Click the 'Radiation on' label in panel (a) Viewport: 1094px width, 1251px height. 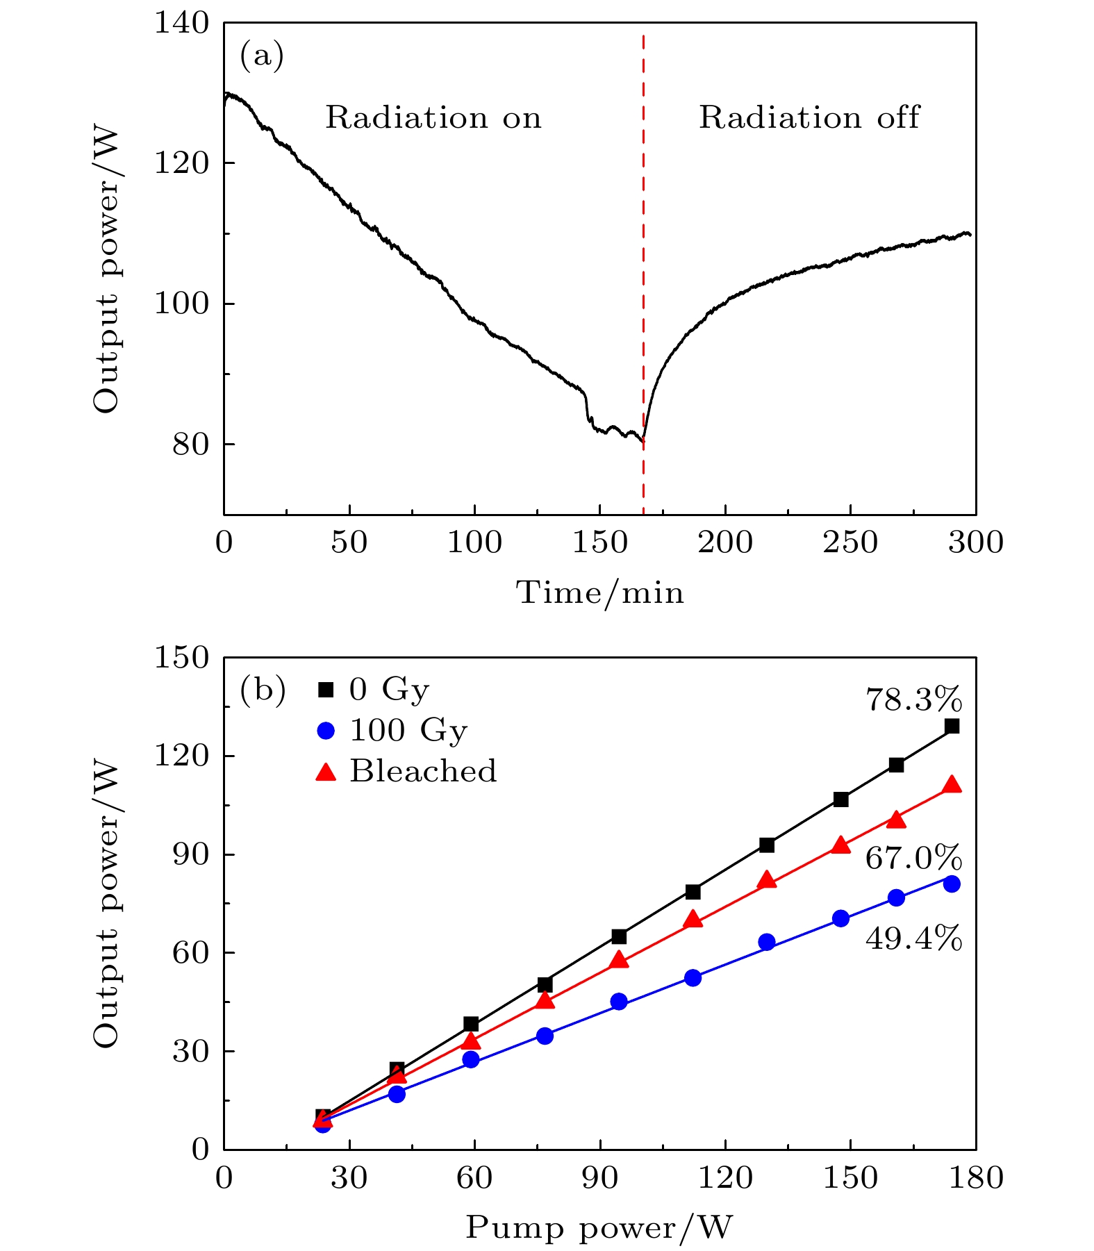coord(433,117)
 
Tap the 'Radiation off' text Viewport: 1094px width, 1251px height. coord(809,117)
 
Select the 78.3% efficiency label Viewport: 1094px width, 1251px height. coord(913,700)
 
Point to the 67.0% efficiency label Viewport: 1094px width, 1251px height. coord(913,859)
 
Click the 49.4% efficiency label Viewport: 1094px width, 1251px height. coord(913,939)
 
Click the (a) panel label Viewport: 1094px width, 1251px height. coord(262,56)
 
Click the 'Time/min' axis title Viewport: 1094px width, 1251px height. coord(599,593)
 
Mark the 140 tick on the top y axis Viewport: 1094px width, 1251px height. coord(181,24)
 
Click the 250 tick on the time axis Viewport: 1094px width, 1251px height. coord(850,542)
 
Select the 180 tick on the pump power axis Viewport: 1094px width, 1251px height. coord(975,1177)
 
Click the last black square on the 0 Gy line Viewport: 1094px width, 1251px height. coord(952,726)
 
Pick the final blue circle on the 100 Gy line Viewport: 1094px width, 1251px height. coord(952,884)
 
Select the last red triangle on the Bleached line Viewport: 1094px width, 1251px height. coord(952,786)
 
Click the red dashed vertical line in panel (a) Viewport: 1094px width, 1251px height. coord(643,278)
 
